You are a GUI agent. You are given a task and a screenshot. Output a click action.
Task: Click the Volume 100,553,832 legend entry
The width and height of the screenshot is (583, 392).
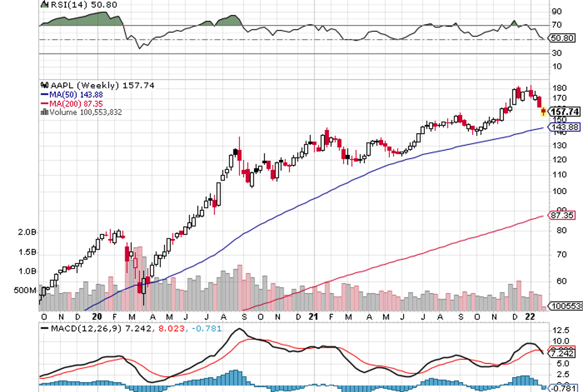83,112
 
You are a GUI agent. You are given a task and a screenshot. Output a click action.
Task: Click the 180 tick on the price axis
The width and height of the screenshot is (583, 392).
557,88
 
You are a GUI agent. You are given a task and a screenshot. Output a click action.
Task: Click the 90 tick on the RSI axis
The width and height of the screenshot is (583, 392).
556,11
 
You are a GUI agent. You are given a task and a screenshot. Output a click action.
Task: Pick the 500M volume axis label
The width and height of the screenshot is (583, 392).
23,290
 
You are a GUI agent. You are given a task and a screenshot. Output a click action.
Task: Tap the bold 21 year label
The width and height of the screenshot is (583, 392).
314,317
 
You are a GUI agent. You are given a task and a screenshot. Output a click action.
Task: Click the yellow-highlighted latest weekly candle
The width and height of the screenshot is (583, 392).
543,111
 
